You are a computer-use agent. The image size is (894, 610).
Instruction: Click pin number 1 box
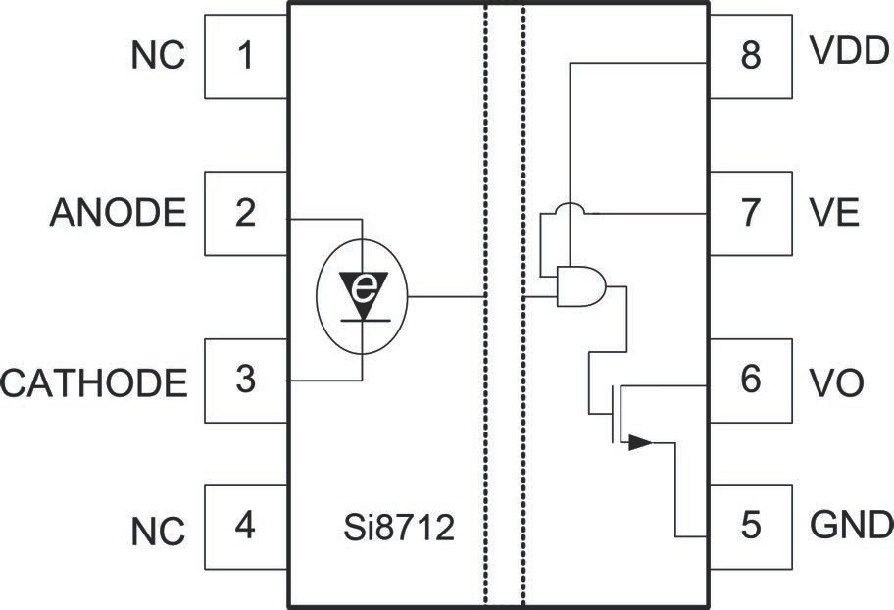[245, 56]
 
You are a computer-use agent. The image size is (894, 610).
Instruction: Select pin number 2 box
[245, 213]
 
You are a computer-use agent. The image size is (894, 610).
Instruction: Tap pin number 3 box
[245, 380]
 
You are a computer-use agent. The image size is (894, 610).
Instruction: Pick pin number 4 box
[245, 527]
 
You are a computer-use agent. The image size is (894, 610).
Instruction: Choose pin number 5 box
[750, 527]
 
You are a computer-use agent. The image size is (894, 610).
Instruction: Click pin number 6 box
[750, 380]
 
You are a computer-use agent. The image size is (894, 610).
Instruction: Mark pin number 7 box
[750, 213]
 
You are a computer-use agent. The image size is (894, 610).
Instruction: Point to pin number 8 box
[750, 56]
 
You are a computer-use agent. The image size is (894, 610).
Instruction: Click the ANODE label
[118, 213]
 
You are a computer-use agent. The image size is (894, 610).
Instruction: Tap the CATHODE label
[94, 381]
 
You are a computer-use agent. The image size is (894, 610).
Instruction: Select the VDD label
[849, 50]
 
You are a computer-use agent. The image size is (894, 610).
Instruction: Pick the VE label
[835, 213]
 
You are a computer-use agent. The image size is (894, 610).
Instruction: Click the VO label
[837, 381]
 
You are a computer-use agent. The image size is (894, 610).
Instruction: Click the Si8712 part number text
[393, 531]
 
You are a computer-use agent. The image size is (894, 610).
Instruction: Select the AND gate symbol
[579, 285]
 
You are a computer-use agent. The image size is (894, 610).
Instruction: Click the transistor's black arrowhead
[639, 442]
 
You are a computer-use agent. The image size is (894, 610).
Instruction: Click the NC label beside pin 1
[158, 56]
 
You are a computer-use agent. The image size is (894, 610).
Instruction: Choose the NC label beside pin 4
[158, 533]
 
